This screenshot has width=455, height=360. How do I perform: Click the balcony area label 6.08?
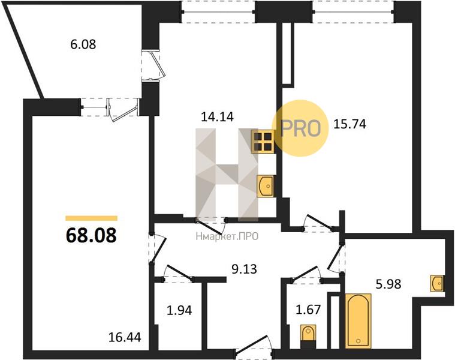pyautogui.click(x=83, y=45)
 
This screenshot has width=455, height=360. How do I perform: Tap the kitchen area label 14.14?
pyautogui.click(x=218, y=117)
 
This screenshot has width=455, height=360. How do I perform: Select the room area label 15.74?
pyautogui.click(x=349, y=124)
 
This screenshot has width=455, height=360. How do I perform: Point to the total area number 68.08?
pyautogui.click(x=91, y=235)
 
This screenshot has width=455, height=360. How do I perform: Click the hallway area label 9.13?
pyautogui.click(x=244, y=269)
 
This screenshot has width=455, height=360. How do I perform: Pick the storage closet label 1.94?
pyautogui.click(x=179, y=311)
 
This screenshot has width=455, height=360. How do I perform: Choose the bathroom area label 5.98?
pyautogui.click(x=388, y=284)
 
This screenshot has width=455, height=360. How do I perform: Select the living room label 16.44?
pyautogui.click(x=125, y=337)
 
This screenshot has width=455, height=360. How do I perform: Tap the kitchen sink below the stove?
pyautogui.click(x=265, y=187)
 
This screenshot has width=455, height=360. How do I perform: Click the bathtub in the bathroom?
pyautogui.click(x=358, y=320)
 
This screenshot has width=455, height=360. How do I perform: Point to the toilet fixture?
pyautogui.click(x=308, y=336)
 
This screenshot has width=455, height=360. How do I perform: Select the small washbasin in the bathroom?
pyautogui.click(x=437, y=283)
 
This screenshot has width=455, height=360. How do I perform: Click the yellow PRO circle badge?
pyautogui.click(x=300, y=128)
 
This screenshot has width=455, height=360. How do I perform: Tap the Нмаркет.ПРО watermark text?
pyautogui.click(x=227, y=237)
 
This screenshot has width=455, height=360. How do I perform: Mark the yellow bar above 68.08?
pyautogui.click(x=91, y=218)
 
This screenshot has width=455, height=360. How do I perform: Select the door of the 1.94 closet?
pyautogui.click(x=178, y=274)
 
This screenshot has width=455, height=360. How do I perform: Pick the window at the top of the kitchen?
pyautogui.click(x=218, y=12)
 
